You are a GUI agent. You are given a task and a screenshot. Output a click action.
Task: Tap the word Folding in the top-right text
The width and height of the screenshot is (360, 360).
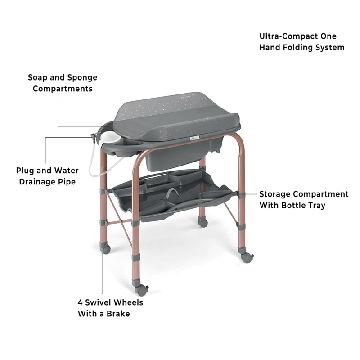297,47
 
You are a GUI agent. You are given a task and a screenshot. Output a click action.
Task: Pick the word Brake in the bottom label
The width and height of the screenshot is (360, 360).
118,313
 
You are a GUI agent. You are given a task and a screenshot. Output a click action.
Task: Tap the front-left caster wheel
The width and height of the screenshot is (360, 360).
106,248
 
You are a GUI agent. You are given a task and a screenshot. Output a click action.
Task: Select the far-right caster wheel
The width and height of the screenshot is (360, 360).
247,258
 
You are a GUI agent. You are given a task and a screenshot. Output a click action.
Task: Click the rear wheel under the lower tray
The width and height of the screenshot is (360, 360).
204,222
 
